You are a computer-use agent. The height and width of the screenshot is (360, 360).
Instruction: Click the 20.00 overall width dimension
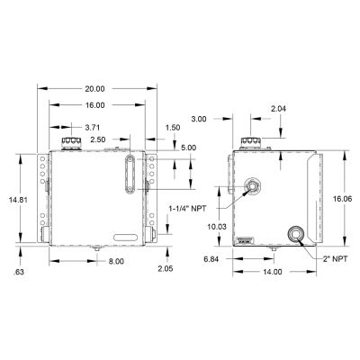coord(94,89)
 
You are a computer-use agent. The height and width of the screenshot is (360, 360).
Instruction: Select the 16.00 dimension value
coord(94,105)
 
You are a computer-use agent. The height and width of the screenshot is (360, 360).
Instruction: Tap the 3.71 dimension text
coord(92,129)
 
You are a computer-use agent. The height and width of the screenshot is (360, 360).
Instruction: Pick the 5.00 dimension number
coord(188,148)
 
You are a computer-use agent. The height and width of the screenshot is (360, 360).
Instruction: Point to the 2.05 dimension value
coord(165,269)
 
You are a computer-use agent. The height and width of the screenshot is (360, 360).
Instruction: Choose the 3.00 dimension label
coord(199,118)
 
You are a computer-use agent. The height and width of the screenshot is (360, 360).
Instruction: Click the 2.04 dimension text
coord(280,108)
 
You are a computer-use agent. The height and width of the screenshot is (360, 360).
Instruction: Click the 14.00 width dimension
coord(273,271)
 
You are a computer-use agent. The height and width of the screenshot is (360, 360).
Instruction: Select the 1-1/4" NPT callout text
coord(189,208)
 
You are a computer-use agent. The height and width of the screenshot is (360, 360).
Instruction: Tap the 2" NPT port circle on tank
coord(294,236)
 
